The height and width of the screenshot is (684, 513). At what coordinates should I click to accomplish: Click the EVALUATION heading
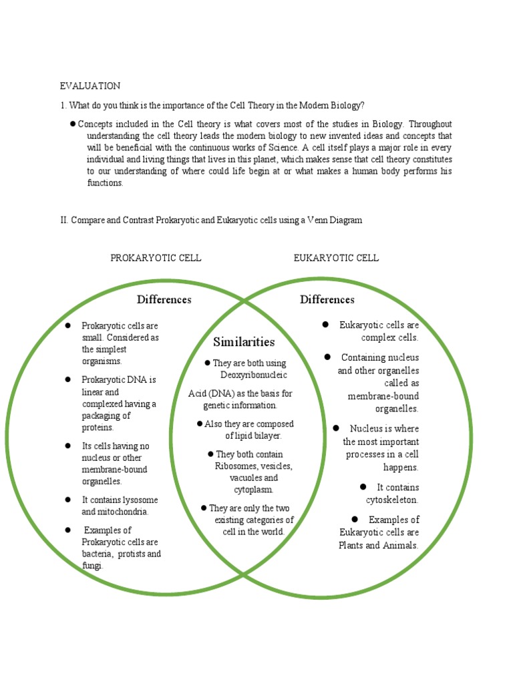(x=90, y=85)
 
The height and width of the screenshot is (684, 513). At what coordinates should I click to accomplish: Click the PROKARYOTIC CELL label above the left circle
(x=156, y=258)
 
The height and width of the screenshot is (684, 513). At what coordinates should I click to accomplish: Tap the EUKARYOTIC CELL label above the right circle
(x=336, y=258)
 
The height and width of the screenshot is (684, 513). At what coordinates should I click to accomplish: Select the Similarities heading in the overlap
(x=244, y=342)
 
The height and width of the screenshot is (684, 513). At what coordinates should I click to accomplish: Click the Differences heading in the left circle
(x=164, y=299)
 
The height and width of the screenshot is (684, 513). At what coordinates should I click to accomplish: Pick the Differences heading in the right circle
(x=327, y=299)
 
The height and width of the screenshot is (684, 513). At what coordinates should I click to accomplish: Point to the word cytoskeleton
(x=391, y=500)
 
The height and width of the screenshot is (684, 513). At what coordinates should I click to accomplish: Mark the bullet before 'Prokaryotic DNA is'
(x=68, y=379)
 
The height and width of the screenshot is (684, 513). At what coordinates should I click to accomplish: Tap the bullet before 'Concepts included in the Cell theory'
(x=72, y=124)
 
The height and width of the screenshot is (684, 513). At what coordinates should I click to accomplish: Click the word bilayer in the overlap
(x=267, y=436)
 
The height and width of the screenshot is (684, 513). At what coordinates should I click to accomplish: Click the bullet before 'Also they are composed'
(x=199, y=424)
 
